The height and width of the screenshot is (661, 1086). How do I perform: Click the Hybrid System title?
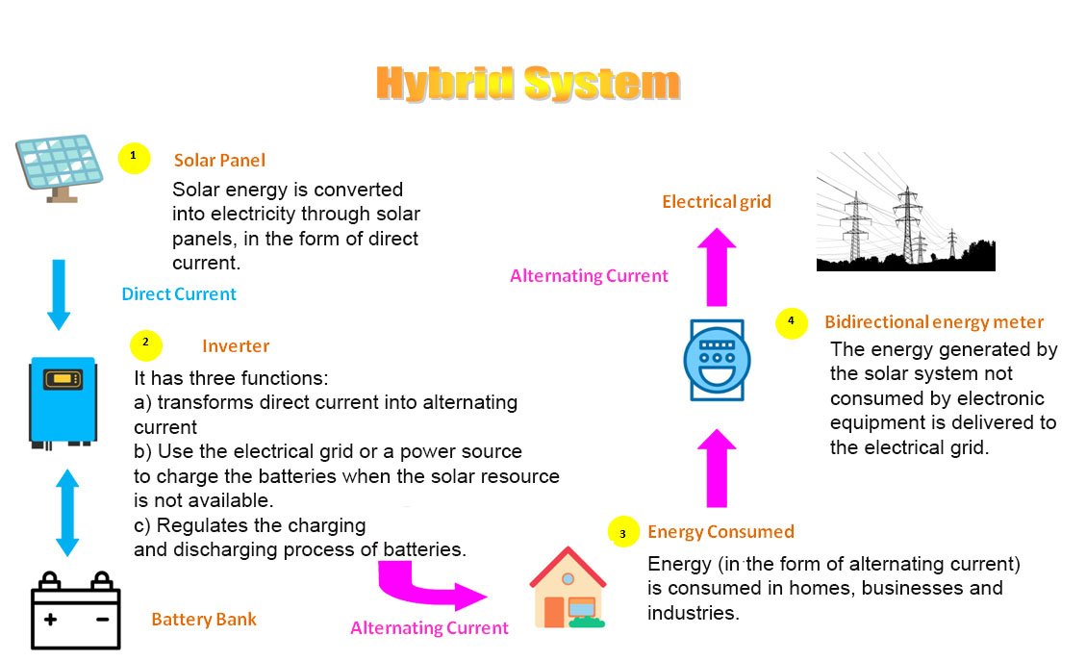[x=527, y=84]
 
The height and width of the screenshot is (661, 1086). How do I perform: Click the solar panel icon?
[x=60, y=165]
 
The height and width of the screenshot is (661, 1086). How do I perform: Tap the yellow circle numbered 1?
[x=134, y=156]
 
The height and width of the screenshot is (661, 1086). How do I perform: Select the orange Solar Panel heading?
[x=219, y=161]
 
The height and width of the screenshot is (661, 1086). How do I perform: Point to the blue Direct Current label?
[x=179, y=294]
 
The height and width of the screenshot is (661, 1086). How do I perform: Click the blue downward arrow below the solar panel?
[x=59, y=293]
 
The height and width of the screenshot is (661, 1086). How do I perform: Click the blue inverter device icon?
[x=63, y=401]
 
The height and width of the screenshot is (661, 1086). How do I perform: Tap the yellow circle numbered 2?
[x=145, y=343]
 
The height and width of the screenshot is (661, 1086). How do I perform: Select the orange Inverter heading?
[x=236, y=346]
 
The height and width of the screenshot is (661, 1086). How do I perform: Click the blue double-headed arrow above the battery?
[x=66, y=512]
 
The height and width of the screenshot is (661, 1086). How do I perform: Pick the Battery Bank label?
[x=204, y=619]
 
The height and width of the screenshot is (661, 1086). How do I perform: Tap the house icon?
[x=568, y=588]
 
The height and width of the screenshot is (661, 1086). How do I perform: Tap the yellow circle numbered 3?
[x=623, y=532]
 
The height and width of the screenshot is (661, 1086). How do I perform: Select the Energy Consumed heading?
[x=720, y=532]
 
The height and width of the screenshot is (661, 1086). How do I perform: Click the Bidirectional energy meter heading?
[x=933, y=322]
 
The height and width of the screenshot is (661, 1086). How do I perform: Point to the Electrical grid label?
[x=717, y=202]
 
